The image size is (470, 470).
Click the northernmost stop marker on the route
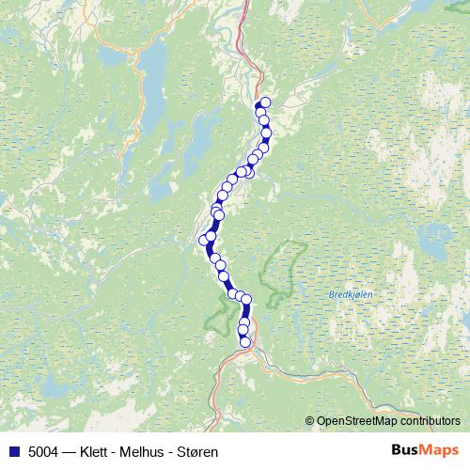pyautogui.click(x=265, y=102)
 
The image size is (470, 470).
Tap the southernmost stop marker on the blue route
pyautogui.click(x=245, y=342)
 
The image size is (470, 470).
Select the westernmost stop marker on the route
pyautogui.click(x=204, y=241)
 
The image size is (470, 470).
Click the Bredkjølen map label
pyautogui.click(x=352, y=294)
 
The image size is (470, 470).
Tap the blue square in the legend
pyautogui.click(x=12, y=449)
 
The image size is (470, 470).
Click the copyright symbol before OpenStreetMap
pyautogui.click(x=310, y=421)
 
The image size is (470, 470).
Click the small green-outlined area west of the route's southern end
pyautogui.click(x=218, y=317)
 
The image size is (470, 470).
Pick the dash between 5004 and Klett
pyautogui.click(x=71, y=449)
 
